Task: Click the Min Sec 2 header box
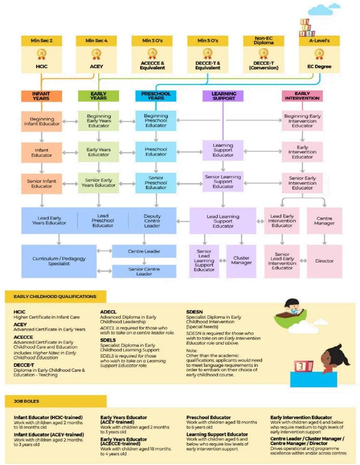41,41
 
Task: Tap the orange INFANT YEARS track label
41,96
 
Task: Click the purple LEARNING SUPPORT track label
223,96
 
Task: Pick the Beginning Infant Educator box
41,121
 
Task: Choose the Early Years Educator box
98,152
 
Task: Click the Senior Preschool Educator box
156,183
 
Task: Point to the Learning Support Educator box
223,150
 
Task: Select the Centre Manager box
324,221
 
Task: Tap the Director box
324,261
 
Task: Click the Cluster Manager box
241,260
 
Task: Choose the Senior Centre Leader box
144,271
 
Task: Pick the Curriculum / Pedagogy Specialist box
59,261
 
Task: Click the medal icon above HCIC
41,54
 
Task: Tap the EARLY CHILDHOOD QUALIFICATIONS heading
55,297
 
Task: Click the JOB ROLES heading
26,401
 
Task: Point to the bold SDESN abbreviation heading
194,312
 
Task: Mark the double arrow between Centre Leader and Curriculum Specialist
105,251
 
